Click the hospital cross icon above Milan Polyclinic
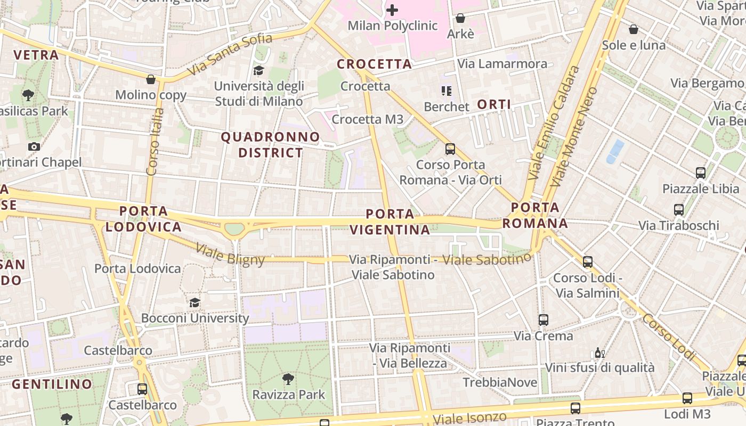tap(392, 10)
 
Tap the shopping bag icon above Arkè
tap(460, 18)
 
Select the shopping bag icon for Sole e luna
tap(634, 29)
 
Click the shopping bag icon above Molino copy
tap(151, 79)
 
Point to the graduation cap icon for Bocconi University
tap(195, 302)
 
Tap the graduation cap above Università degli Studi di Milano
tap(258, 70)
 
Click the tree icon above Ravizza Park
tap(288, 379)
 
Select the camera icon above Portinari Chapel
tap(34, 146)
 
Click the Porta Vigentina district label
tap(390, 222)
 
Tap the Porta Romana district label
tap(535, 215)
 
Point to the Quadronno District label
tap(270, 145)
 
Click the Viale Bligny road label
tap(230, 254)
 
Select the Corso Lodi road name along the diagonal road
tap(669, 337)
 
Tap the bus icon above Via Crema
tap(544, 320)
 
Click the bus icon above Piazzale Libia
tap(701, 173)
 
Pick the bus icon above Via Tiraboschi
tap(679, 210)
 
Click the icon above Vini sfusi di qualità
tap(599, 353)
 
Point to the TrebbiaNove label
tap(500, 382)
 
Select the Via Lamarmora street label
tap(502, 64)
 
